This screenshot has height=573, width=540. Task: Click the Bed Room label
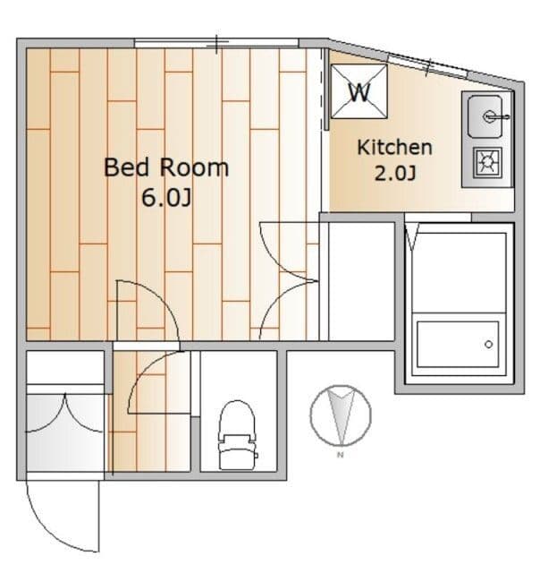pos(166,167)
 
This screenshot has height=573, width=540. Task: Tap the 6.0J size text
pos(166,198)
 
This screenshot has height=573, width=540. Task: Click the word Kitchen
pos(394,147)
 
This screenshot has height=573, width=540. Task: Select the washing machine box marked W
pos(359,91)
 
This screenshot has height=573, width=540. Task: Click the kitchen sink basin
pos(485,116)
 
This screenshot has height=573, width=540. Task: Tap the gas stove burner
pos(487,163)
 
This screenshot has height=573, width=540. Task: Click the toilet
pos(237,435)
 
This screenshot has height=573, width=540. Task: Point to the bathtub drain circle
pos(488,344)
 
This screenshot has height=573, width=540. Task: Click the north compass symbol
pos(341,415)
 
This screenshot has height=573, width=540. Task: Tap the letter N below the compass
pos(341,455)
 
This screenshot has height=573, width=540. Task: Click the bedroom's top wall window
pos(216,43)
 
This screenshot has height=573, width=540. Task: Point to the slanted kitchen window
pos(427,65)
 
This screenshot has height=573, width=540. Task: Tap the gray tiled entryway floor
pos(65,432)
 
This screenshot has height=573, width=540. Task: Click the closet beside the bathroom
pos(361,281)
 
